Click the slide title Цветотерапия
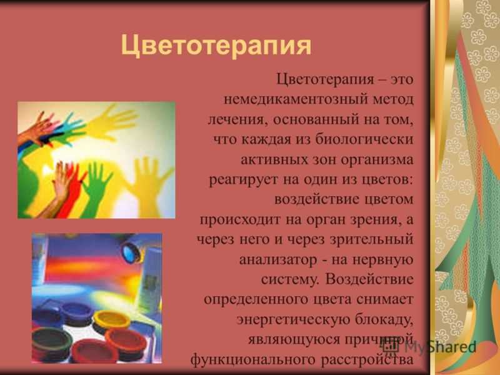[x=216, y=46]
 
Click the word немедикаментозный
[x=294, y=99]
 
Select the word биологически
[x=364, y=139]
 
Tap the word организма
[x=377, y=160]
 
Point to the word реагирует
[x=243, y=180]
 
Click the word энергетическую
[x=293, y=320]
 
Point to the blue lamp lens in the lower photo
[x=131, y=252]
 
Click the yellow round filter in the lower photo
[x=112, y=318]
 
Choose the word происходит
[x=240, y=220]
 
